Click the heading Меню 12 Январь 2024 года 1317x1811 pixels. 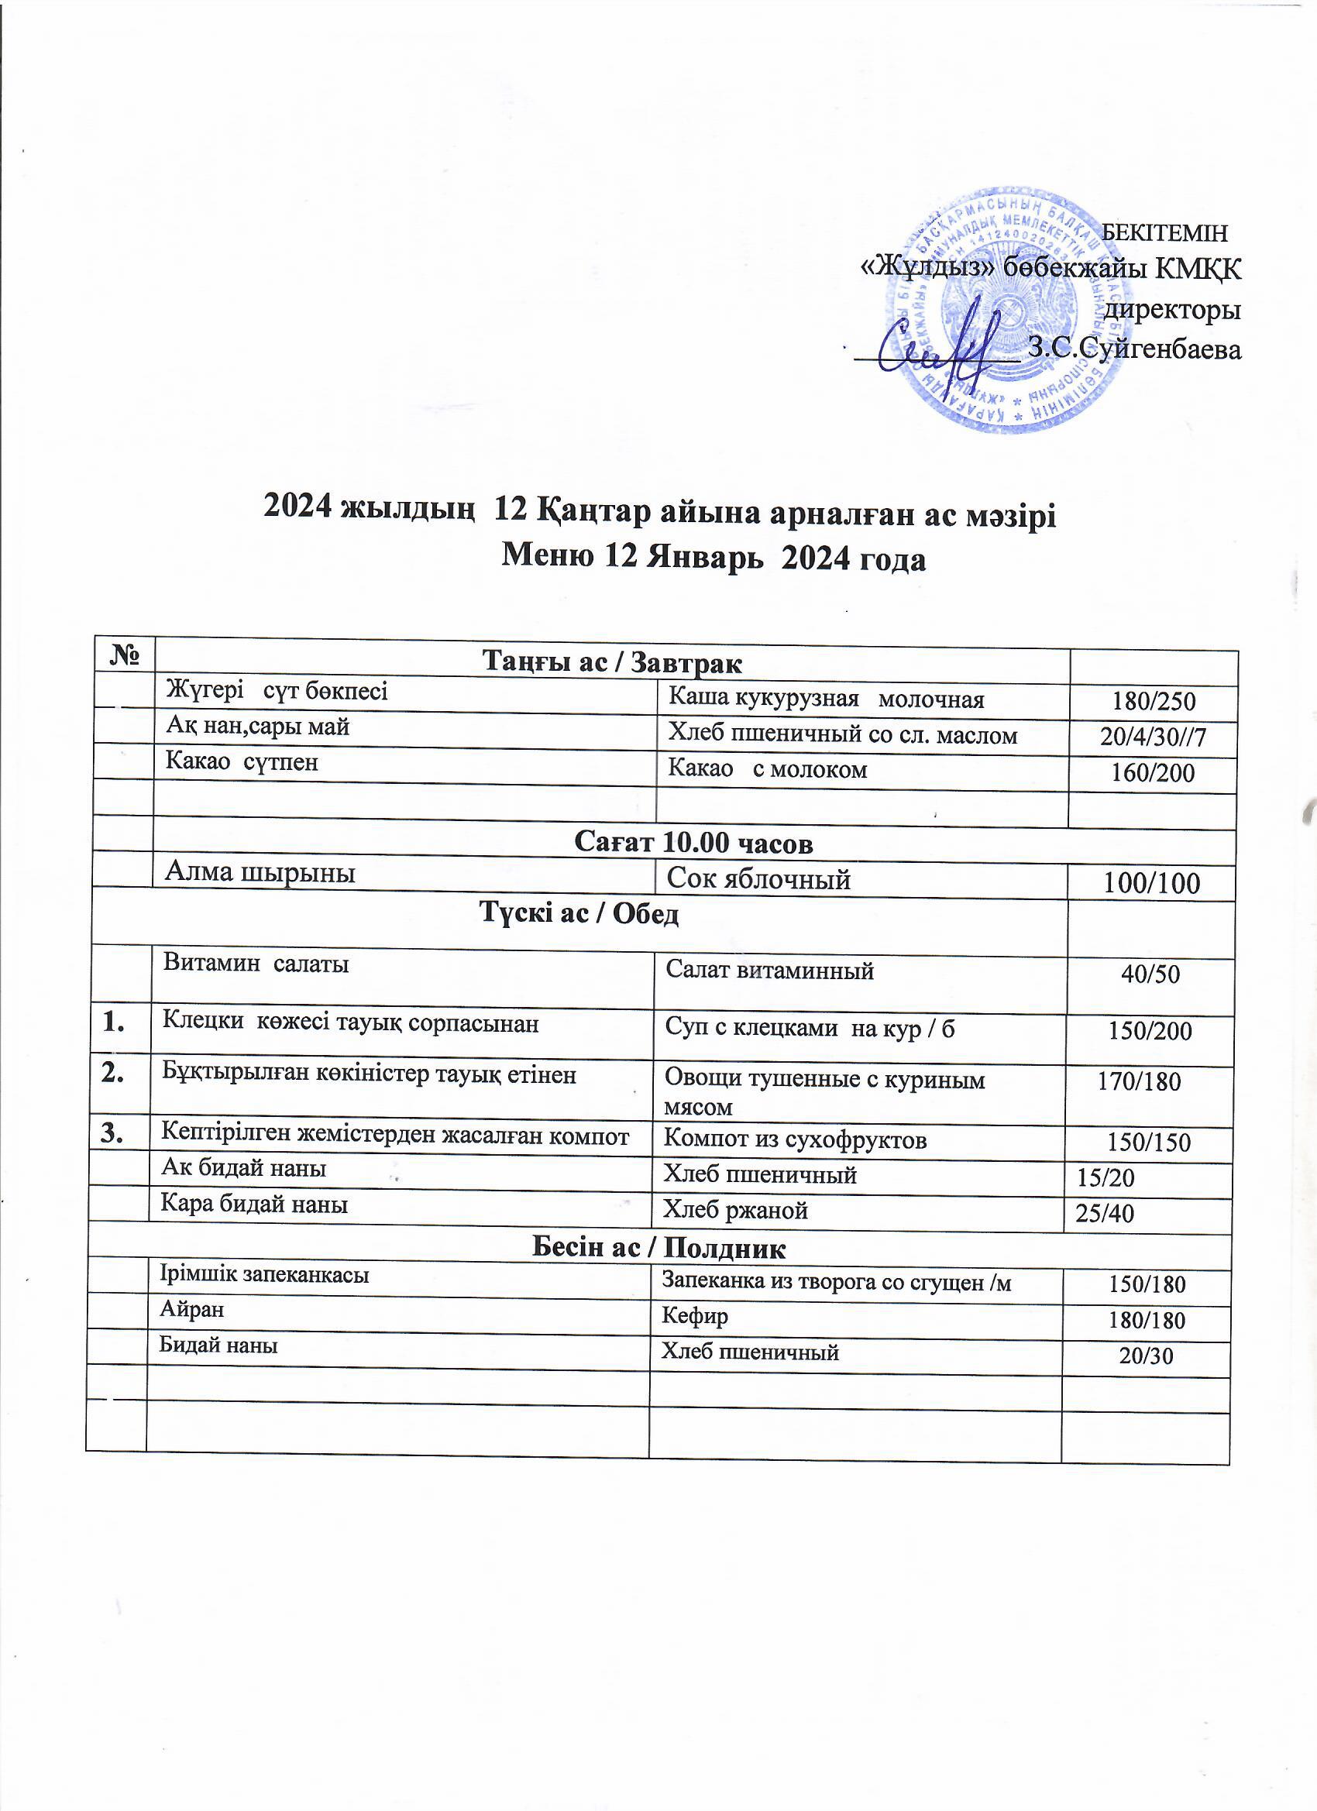(x=713, y=557)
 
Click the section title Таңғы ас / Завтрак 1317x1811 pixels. (x=613, y=662)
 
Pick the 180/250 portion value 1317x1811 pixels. (x=1154, y=701)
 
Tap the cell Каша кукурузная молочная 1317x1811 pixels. (x=825, y=699)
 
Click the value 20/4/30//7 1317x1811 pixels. (x=1153, y=737)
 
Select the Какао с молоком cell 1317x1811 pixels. (x=767, y=769)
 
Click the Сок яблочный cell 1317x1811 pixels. (x=758, y=879)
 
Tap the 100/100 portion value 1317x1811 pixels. (x=1152, y=883)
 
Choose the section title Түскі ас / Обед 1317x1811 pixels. (x=579, y=913)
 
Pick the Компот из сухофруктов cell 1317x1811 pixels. (x=795, y=1139)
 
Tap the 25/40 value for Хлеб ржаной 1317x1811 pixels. (x=1105, y=1214)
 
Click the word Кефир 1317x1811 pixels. (x=694, y=1316)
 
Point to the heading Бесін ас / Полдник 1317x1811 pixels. (x=659, y=1247)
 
